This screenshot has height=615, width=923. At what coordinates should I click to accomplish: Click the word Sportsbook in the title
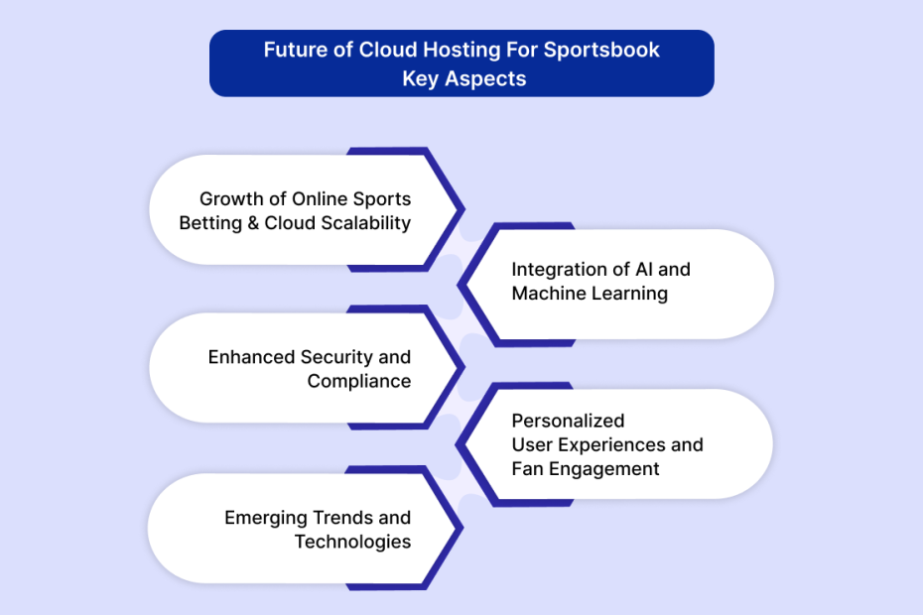(x=601, y=50)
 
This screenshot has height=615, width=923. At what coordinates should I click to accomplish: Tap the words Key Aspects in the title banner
(x=463, y=79)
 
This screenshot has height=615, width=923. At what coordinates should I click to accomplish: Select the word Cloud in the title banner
(x=388, y=50)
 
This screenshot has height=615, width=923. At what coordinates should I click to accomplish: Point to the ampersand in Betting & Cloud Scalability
(x=253, y=223)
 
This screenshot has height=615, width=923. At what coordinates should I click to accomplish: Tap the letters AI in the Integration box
(x=644, y=270)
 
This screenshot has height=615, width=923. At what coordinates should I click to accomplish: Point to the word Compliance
(x=359, y=381)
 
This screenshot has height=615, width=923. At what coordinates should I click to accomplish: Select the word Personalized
(x=568, y=421)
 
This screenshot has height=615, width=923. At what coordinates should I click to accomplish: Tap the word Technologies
(x=352, y=542)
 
